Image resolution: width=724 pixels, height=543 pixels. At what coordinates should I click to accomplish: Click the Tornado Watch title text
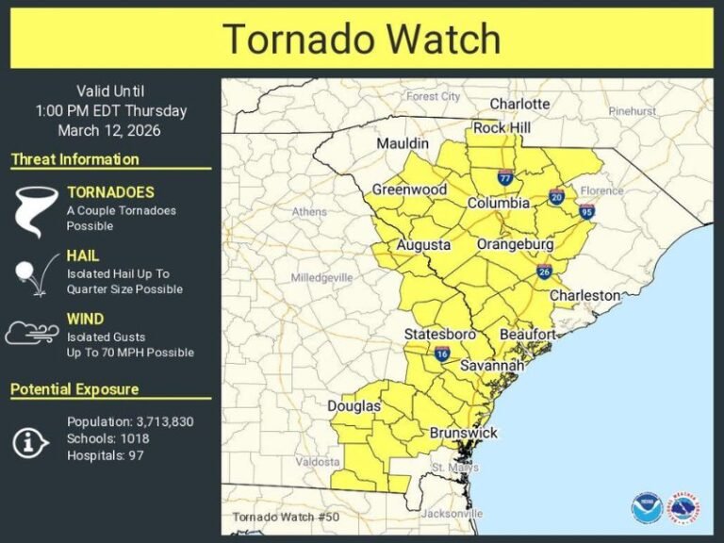pos(362,40)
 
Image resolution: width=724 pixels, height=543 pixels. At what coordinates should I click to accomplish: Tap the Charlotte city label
pos(519,104)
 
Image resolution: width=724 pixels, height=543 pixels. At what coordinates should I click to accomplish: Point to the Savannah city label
pos(491,365)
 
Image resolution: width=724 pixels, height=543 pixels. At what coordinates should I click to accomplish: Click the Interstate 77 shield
pos(506,176)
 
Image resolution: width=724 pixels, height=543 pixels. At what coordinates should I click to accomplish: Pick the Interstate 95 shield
pos(586,211)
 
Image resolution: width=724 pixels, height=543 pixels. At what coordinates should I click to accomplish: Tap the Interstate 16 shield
pos(442,354)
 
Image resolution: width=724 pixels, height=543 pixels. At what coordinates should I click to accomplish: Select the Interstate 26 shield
pos(544,272)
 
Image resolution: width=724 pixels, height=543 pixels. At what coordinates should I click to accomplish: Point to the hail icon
pos(29,273)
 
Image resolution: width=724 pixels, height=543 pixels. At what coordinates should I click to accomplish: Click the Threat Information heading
pos(74,159)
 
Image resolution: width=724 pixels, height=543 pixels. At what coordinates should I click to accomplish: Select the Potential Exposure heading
pos(74,389)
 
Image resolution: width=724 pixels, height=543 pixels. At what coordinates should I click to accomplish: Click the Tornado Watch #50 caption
pos(280,517)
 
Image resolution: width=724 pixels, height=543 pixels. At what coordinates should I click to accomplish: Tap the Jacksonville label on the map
pos(452,514)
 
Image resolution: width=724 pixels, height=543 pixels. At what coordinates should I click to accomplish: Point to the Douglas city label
pos(354,406)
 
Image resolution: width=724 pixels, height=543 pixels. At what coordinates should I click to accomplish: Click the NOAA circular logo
pos(647,508)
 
